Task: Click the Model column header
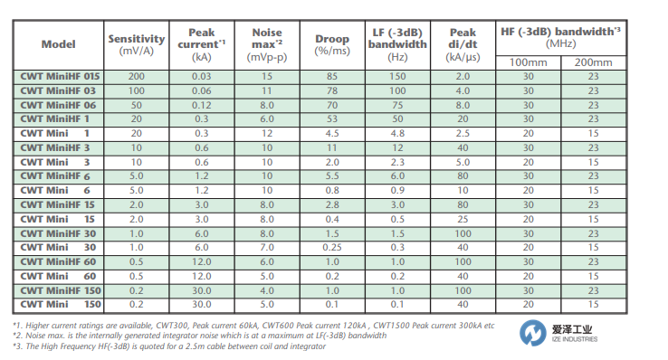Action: (x=59, y=44)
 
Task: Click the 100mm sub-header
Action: (x=529, y=62)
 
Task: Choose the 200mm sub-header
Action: (x=593, y=62)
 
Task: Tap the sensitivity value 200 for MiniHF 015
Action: (x=137, y=77)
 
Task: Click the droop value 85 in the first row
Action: (x=332, y=77)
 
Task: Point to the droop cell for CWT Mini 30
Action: (x=332, y=248)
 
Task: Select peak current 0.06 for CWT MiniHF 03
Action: (x=201, y=91)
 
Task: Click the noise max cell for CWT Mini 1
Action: (x=266, y=134)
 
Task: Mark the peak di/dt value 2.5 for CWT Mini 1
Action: (x=463, y=134)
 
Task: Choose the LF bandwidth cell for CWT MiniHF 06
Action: (x=397, y=105)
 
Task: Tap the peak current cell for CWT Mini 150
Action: (x=201, y=305)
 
